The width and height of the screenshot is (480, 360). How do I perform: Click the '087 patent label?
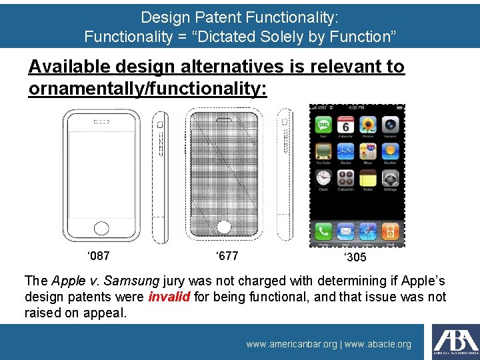99,255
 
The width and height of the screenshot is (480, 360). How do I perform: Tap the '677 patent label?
227,255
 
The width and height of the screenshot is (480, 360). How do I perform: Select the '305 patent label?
355,257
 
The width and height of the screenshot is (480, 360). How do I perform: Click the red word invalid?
169,297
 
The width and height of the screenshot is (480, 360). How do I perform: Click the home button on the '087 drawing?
101,228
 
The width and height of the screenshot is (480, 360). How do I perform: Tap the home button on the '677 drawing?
224,227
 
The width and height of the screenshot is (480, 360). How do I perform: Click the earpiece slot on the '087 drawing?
101,122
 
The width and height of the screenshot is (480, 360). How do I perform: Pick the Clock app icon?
323,178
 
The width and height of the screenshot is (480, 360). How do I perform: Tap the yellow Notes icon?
368,178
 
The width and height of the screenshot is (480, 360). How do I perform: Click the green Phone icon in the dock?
323,231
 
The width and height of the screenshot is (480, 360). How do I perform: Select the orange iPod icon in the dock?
391,231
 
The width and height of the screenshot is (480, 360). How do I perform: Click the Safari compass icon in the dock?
368,231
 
